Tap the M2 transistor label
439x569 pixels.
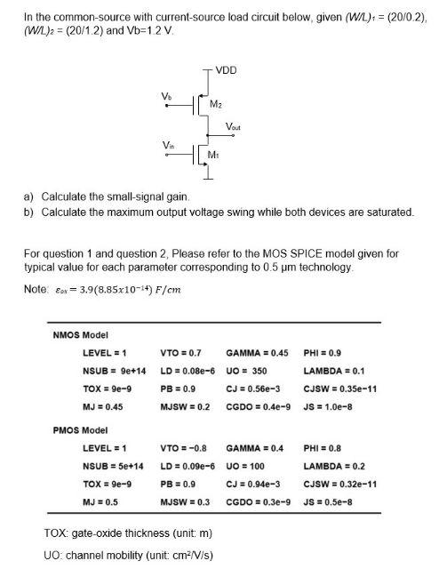[216, 105]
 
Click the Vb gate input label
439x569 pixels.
[165, 94]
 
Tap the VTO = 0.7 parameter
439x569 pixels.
[183, 353]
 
